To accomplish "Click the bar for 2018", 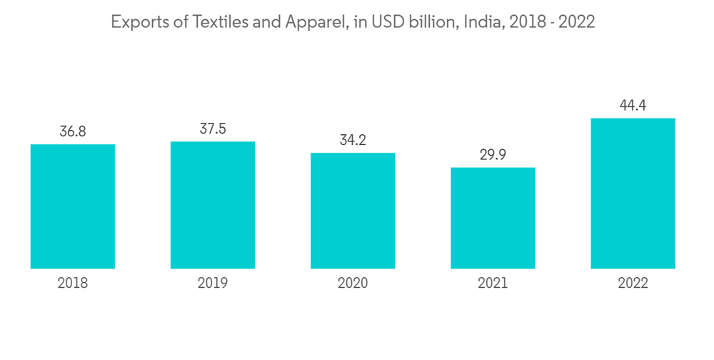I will tap(73, 206).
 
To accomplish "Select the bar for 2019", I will tap(213, 205).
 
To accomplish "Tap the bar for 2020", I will tap(353, 211).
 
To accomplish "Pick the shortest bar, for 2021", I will tap(493, 218).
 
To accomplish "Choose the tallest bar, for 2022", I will tap(633, 193).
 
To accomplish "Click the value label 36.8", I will tap(73, 131).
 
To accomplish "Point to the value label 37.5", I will tap(213, 129).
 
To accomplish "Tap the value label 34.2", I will tap(353, 140).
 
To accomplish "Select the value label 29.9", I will tap(493, 155).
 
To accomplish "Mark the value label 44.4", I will tap(633, 106).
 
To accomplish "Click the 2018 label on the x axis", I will tap(73, 284).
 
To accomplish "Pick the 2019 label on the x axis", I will tap(213, 284).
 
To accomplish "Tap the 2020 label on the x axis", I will tap(353, 284).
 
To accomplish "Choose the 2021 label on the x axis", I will tap(493, 284).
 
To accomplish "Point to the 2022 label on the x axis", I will tap(633, 284).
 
